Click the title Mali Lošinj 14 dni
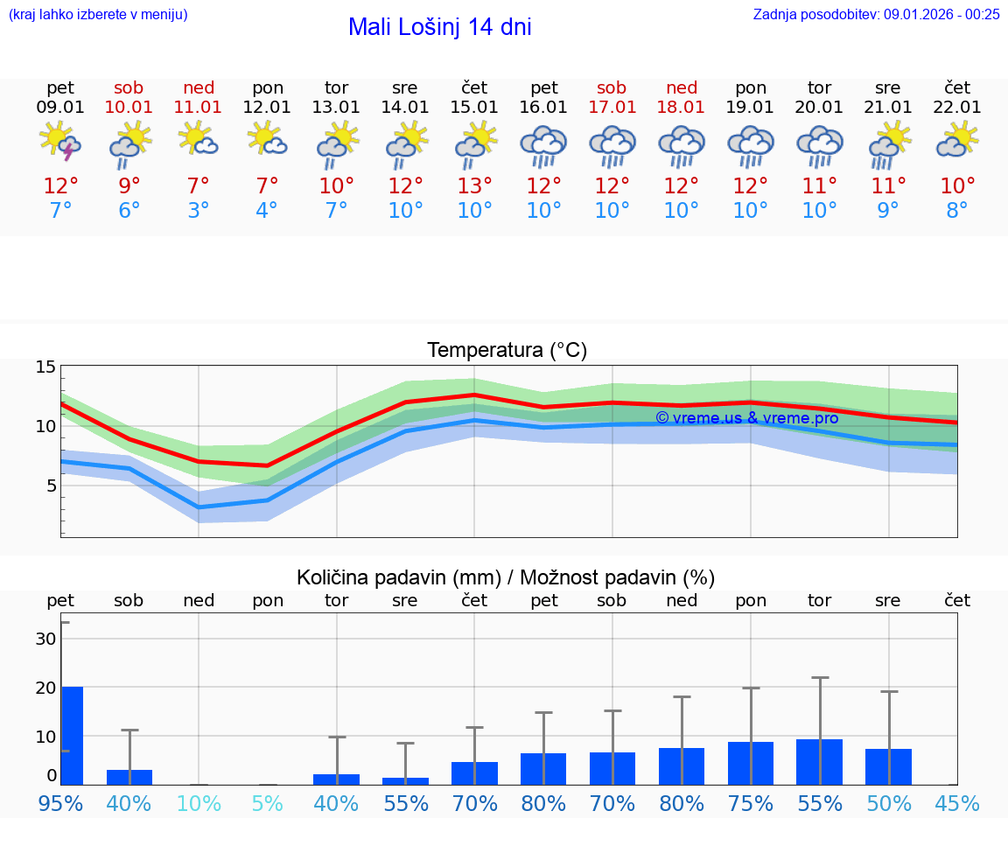(x=439, y=27)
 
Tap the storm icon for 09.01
(x=60, y=143)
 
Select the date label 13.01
(x=336, y=108)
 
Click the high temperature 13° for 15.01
(x=474, y=186)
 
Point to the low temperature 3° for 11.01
(x=199, y=211)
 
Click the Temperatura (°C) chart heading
(x=507, y=351)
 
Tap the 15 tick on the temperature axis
(x=45, y=367)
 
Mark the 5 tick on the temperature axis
(x=51, y=486)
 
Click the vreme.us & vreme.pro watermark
(x=746, y=418)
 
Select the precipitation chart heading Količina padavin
(x=506, y=577)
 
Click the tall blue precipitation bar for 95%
(x=72, y=735)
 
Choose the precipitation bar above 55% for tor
(x=819, y=762)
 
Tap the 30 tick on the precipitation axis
(x=45, y=639)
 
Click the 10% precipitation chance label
(x=199, y=803)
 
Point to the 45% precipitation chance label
(x=957, y=803)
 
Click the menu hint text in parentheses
(x=98, y=14)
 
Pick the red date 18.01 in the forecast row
(x=681, y=108)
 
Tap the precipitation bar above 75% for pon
(x=750, y=763)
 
